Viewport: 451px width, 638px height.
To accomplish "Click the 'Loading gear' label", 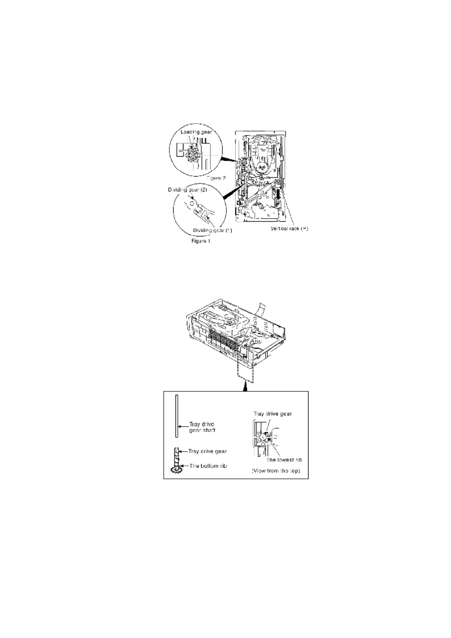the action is (x=196, y=132).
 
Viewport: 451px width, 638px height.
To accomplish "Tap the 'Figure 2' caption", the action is (x=216, y=178).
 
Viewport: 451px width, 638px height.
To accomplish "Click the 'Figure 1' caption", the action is (x=200, y=241).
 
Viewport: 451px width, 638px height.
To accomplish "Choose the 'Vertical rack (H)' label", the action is (x=289, y=228).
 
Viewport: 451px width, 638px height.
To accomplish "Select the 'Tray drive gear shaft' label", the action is (x=203, y=427).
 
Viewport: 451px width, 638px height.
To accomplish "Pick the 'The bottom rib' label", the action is (x=208, y=466).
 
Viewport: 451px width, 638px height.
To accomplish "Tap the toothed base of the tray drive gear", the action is (x=176, y=470).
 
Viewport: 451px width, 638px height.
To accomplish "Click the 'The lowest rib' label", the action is (x=284, y=460).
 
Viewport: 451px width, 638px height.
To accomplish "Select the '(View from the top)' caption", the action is (x=276, y=471).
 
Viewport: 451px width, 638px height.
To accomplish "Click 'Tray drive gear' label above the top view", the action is (x=272, y=414).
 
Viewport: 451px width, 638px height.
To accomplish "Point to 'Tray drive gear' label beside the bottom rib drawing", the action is (x=208, y=451).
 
